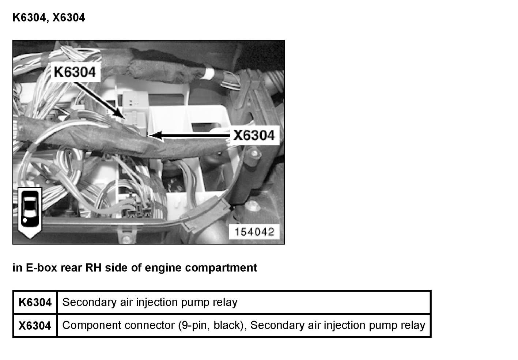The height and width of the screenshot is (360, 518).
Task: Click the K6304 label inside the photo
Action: (x=75, y=72)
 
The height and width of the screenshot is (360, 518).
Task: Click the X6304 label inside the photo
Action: (x=254, y=136)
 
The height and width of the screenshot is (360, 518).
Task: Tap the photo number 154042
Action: (x=254, y=232)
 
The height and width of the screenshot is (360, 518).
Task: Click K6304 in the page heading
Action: (x=30, y=18)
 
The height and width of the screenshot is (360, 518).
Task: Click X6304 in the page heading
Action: (x=69, y=18)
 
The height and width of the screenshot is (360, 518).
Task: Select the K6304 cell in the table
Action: (x=35, y=303)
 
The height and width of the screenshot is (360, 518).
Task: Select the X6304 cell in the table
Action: (x=35, y=325)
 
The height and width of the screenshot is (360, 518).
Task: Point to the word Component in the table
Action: (x=89, y=325)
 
